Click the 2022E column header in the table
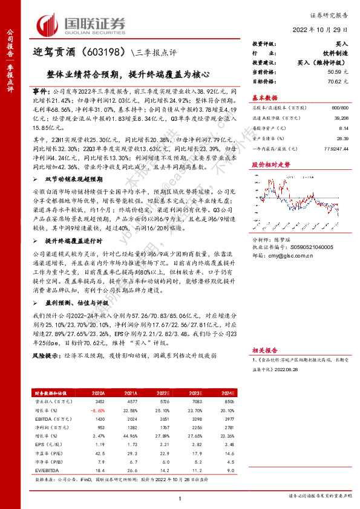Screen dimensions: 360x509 (163, 393)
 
